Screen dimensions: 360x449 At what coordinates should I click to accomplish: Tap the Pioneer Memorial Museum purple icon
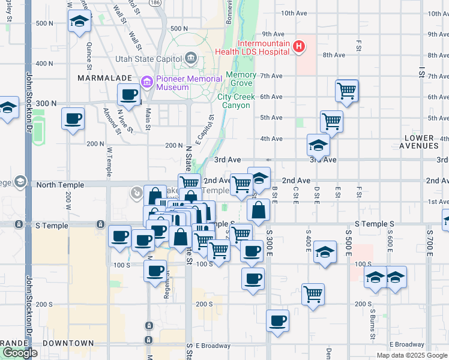pyautogui.click(x=146, y=82)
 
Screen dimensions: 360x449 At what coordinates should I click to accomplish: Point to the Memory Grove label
pyautogui.click(x=239, y=79)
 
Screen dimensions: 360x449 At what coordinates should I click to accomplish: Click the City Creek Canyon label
pyautogui.click(x=233, y=101)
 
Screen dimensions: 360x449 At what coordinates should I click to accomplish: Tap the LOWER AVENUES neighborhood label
pyautogui.click(x=419, y=142)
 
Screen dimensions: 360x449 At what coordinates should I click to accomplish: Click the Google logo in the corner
pyautogui.click(x=20, y=353)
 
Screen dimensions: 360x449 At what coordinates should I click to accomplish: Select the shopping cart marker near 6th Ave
pyautogui.click(x=347, y=91)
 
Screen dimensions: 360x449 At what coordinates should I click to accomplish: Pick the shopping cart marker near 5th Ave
pyautogui.click(x=331, y=121)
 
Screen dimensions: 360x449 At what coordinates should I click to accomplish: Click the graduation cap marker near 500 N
pyautogui.click(x=78, y=22)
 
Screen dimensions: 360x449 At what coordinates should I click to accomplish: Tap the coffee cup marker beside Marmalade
pyautogui.click(x=130, y=94)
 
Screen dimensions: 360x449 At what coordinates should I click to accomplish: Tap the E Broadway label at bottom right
pyautogui.click(x=406, y=344)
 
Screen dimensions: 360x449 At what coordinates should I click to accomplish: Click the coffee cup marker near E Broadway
pyautogui.click(x=277, y=320)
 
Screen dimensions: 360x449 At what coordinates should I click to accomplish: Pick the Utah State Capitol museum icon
pyautogui.click(x=191, y=58)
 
